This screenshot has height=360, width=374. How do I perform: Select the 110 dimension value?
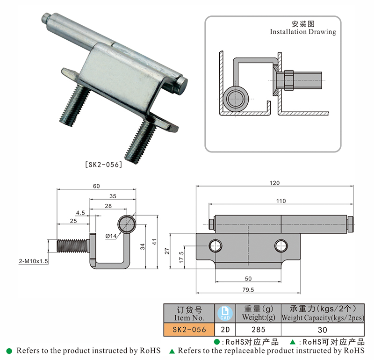point(280,201)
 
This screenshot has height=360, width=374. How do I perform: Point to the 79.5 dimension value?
point(248,290)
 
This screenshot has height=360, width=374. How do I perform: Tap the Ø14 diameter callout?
point(111,236)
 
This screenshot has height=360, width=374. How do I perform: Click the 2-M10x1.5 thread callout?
point(33,261)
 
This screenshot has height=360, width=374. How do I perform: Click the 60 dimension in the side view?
point(96,186)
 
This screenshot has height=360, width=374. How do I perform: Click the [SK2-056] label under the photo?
point(103,164)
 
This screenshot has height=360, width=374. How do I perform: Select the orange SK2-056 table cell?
point(189,329)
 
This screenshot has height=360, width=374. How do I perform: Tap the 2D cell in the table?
point(223,329)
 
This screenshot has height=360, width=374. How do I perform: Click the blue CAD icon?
point(223,313)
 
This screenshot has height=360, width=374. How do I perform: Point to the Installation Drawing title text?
point(303,32)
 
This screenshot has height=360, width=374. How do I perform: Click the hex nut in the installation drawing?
point(286,80)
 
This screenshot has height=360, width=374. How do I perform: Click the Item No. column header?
point(189,313)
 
